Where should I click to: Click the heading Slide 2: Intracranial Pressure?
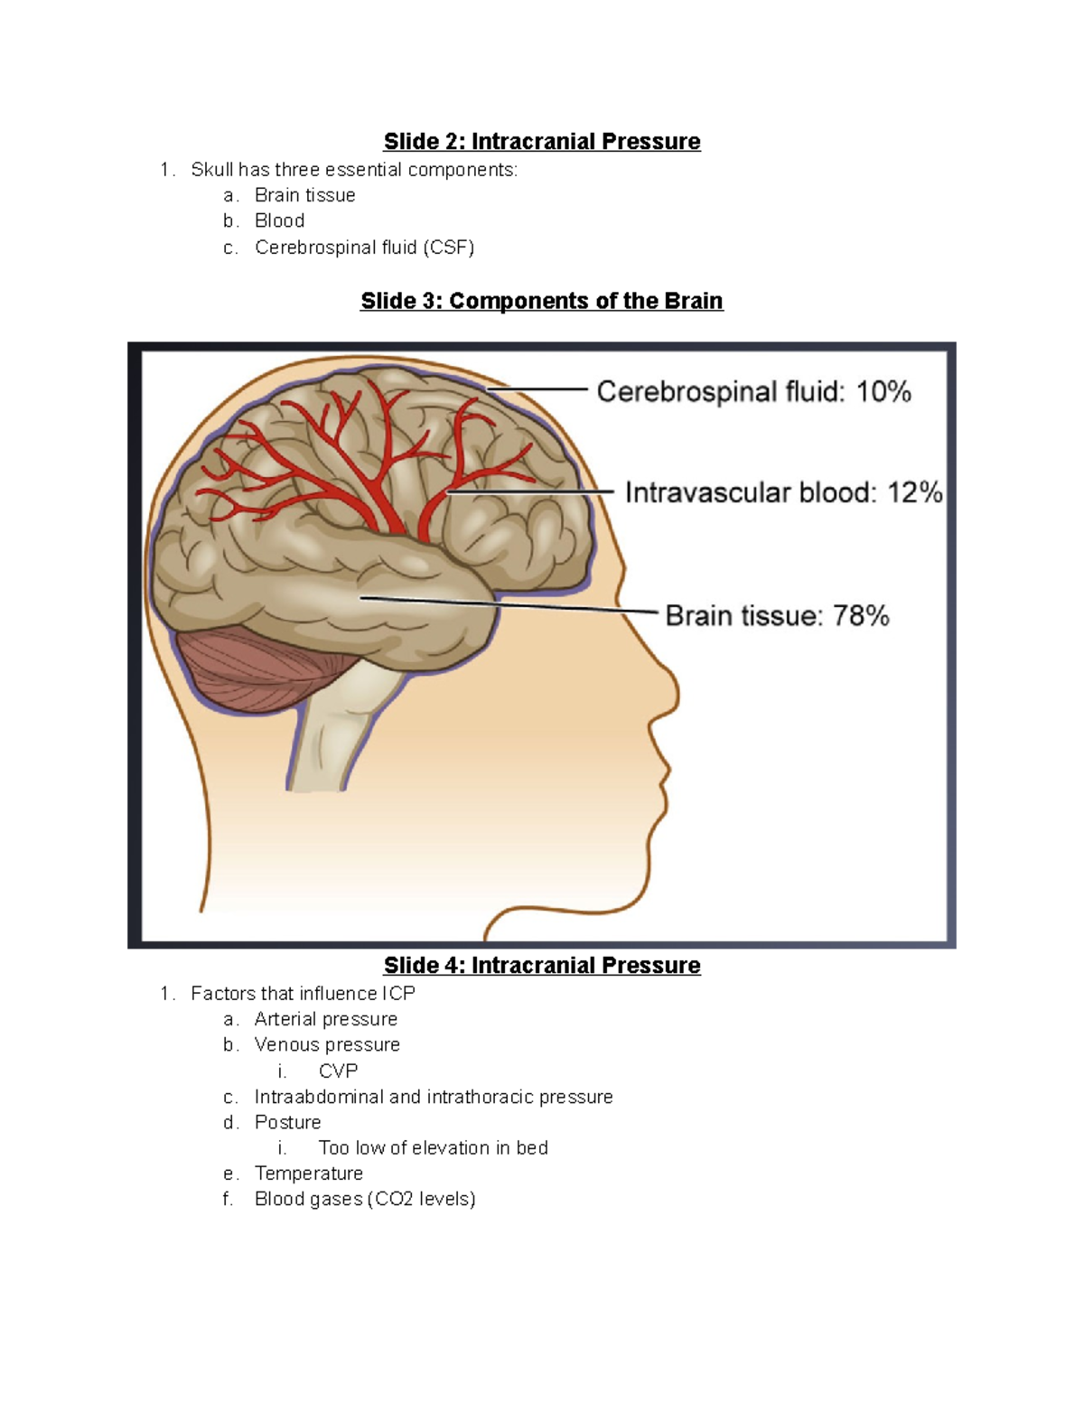[x=542, y=142]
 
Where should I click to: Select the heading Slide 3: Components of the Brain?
[x=542, y=301]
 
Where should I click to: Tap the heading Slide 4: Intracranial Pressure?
[x=542, y=966]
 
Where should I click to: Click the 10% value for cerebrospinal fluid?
[x=883, y=392]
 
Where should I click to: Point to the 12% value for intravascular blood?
[x=914, y=493]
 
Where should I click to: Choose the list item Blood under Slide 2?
[x=279, y=221]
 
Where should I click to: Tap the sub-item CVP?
[x=338, y=1071]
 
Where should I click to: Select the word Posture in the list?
[x=287, y=1123]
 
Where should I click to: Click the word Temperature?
[x=309, y=1174]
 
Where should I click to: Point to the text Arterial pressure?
[x=325, y=1020]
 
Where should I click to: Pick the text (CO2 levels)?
[x=421, y=1200]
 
